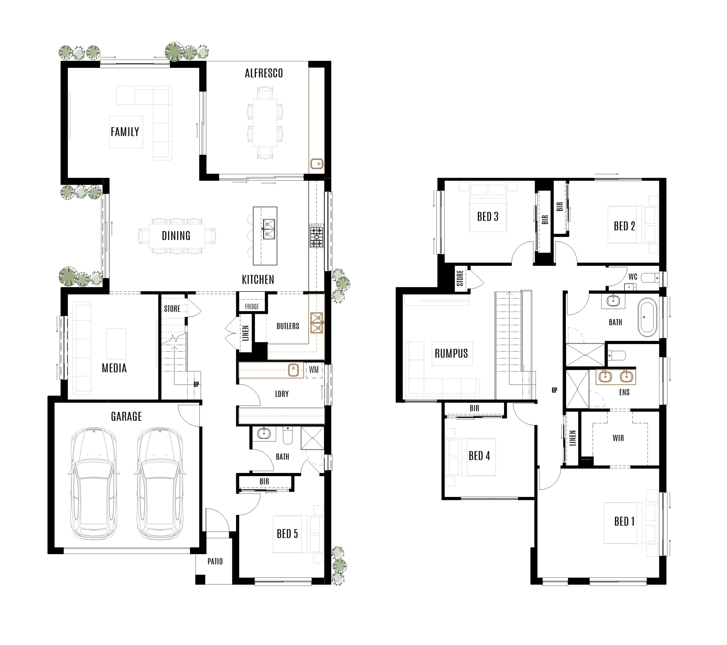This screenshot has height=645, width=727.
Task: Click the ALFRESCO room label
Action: click(x=264, y=73)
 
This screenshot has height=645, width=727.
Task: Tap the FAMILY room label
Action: click(x=125, y=132)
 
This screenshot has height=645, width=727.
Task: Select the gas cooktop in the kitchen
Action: click(x=316, y=235)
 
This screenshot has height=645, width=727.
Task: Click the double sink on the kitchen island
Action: click(x=269, y=229)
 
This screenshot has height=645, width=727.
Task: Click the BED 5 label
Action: click(x=287, y=534)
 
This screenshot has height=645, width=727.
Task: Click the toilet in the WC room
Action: click(x=650, y=277)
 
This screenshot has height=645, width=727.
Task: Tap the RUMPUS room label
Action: click(x=451, y=353)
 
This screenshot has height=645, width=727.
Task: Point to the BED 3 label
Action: click(x=488, y=217)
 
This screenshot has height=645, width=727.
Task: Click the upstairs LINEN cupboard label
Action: click(x=572, y=438)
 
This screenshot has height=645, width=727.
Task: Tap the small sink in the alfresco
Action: click(x=317, y=164)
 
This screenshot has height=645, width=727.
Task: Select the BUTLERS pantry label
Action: click(x=288, y=326)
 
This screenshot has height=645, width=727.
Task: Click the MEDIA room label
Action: click(x=114, y=368)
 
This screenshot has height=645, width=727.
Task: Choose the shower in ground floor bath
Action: click(x=312, y=438)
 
